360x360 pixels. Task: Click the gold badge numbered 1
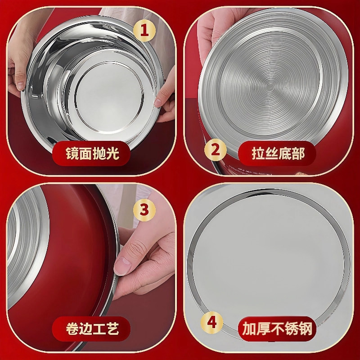pos(145,31)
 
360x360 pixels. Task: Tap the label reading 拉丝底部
pos(278,153)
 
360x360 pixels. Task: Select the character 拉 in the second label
pos(257,154)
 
